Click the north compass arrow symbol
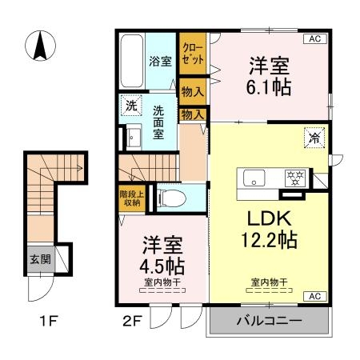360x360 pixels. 40,46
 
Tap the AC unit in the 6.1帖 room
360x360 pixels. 315,38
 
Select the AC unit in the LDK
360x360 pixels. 315,296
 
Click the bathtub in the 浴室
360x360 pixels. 131,61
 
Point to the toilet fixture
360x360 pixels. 171,198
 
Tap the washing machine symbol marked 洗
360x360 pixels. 131,106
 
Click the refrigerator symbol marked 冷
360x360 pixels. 314,138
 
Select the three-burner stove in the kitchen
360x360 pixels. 295,178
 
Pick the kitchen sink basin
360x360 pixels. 254,178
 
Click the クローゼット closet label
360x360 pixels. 193,54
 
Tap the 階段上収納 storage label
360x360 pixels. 132,198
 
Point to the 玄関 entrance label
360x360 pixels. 40,259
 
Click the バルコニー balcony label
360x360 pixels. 270,320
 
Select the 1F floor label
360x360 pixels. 49,321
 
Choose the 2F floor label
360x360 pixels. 131,321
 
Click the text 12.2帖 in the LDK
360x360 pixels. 269,240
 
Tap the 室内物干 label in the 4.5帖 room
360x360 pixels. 162,282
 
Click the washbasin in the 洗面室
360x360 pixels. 134,137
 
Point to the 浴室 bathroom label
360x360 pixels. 160,62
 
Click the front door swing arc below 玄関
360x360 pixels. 46,294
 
